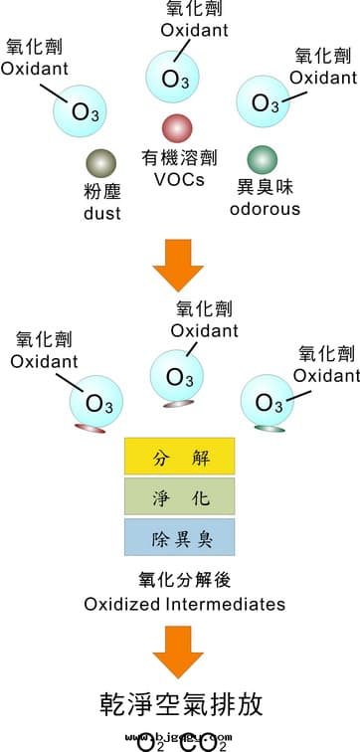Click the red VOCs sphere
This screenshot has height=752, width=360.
(x=176, y=127)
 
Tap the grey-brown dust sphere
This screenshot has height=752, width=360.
(x=101, y=163)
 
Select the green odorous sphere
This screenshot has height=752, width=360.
(x=262, y=159)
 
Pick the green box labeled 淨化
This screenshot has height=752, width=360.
(x=179, y=496)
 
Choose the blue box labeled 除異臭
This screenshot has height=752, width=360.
(x=179, y=536)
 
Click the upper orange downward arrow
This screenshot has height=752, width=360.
(x=179, y=262)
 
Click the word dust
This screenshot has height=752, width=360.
(x=101, y=212)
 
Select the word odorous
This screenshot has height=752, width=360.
(x=265, y=209)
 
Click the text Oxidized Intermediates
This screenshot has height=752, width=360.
(x=185, y=604)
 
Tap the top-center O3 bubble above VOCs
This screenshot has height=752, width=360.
(x=175, y=77)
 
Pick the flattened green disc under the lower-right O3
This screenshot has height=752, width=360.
(x=269, y=428)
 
